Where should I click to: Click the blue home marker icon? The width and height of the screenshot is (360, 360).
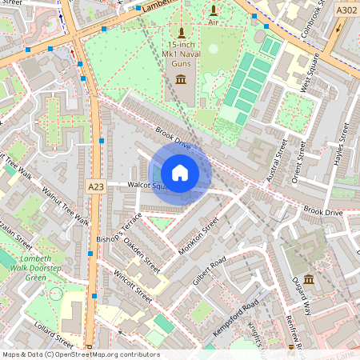(x=180, y=173)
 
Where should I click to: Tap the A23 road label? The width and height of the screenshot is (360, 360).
(x=95, y=186)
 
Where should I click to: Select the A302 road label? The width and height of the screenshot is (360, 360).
(x=346, y=10)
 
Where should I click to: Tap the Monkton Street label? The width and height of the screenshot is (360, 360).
(x=198, y=238)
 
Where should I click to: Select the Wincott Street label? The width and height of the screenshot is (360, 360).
(x=132, y=286)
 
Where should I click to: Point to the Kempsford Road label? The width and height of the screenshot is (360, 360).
(x=237, y=319)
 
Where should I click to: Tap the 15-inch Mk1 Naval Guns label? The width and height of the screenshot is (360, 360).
(x=182, y=54)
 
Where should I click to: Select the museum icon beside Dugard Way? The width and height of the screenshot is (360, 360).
(x=309, y=278)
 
